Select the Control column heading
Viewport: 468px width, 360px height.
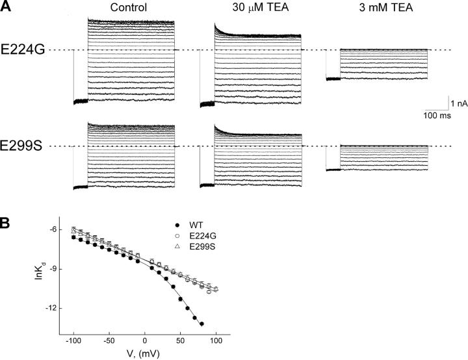coord(128,8)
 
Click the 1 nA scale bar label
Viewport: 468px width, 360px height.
coord(456,103)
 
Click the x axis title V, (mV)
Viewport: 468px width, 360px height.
coord(145,354)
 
